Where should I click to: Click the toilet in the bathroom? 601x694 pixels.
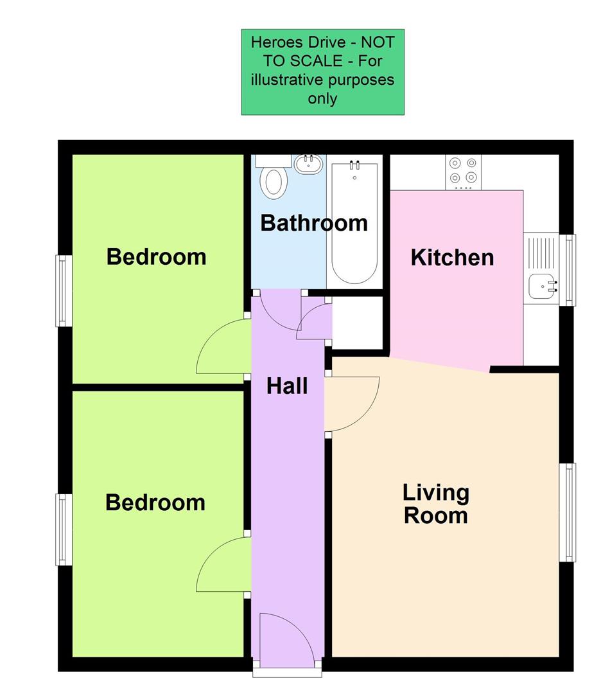pyautogui.click(x=273, y=180)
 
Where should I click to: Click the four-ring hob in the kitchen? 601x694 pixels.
pyautogui.click(x=463, y=171)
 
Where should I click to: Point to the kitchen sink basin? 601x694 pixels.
pyautogui.click(x=542, y=285)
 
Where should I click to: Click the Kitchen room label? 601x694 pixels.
pyautogui.click(x=452, y=258)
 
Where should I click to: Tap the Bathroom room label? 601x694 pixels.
pyautogui.click(x=313, y=223)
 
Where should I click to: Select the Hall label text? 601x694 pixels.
pyautogui.click(x=287, y=386)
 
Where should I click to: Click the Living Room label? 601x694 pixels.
pyautogui.click(x=435, y=504)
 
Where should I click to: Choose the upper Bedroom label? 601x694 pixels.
pyautogui.click(x=156, y=256)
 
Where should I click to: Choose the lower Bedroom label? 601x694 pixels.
pyautogui.click(x=155, y=502)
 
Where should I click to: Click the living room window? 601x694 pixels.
pyautogui.click(x=569, y=512)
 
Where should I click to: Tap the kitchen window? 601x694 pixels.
pyautogui.click(x=570, y=269)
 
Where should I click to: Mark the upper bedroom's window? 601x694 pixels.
pyautogui.click(x=64, y=290)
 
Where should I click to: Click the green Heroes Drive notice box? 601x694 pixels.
pyautogui.click(x=322, y=72)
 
